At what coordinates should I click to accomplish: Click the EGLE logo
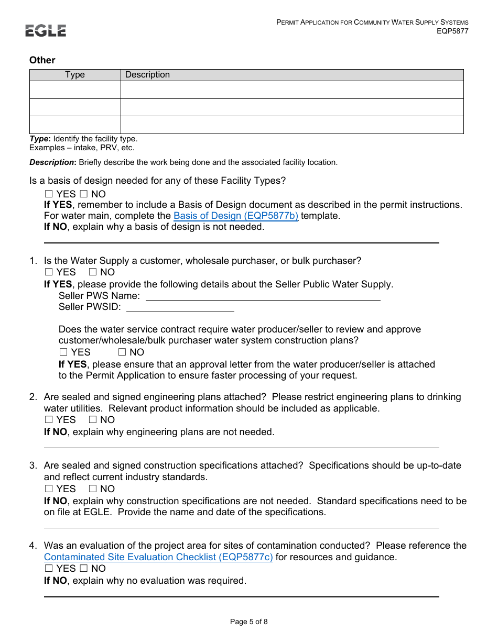[46, 30]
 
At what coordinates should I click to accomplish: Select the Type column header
[75, 75]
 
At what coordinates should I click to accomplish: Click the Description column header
[147, 75]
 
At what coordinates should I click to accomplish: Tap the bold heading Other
[42, 60]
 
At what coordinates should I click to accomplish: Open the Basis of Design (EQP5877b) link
[235, 216]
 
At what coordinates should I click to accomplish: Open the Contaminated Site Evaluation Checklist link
[158, 557]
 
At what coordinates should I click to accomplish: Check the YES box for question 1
[49, 272]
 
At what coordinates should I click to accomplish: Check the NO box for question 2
[93, 420]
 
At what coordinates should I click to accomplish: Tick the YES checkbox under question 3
[49, 489]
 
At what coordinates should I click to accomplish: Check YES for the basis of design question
[49, 194]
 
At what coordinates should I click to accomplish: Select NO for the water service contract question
[122, 352]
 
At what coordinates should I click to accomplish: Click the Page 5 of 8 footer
[248, 622]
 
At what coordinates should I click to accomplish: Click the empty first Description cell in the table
[291, 90]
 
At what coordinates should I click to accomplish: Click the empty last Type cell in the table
[75, 125]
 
